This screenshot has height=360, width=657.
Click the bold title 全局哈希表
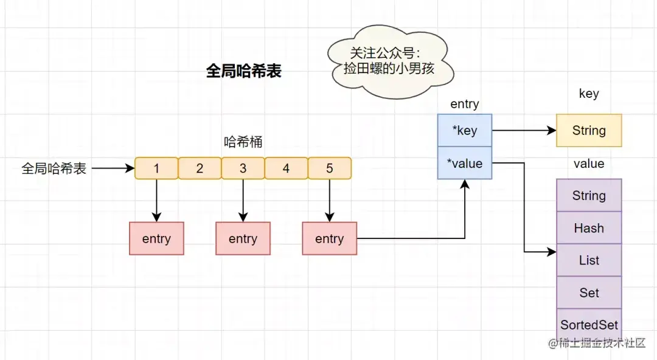(x=243, y=71)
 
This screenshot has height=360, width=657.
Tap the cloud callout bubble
(x=389, y=61)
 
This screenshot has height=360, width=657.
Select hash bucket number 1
(x=156, y=168)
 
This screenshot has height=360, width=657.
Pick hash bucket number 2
(x=200, y=168)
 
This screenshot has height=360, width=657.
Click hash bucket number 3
(x=243, y=168)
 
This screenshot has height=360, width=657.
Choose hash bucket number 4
(x=286, y=168)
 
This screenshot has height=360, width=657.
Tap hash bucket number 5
(x=330, y=168)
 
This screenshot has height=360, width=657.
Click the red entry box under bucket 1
(x=156, y=238)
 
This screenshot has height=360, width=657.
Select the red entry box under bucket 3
(x=243, y=238)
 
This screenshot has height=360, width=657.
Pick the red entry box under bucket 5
(x=329, y=238)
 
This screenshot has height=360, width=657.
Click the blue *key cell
(x=465, y=130)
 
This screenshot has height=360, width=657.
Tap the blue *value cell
(x=465, y=163)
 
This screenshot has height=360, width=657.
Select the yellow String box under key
(x=589, y=130)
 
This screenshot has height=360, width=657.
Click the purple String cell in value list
(x=589, y=195)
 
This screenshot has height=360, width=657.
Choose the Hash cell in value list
(x=589, y=228)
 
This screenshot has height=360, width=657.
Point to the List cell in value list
(x=589, y=260)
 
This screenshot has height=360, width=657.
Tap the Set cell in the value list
(x=589, y=292)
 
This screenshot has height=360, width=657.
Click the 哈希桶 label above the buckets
(x=243, y=142)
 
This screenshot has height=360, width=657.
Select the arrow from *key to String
(x=524, y=130)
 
